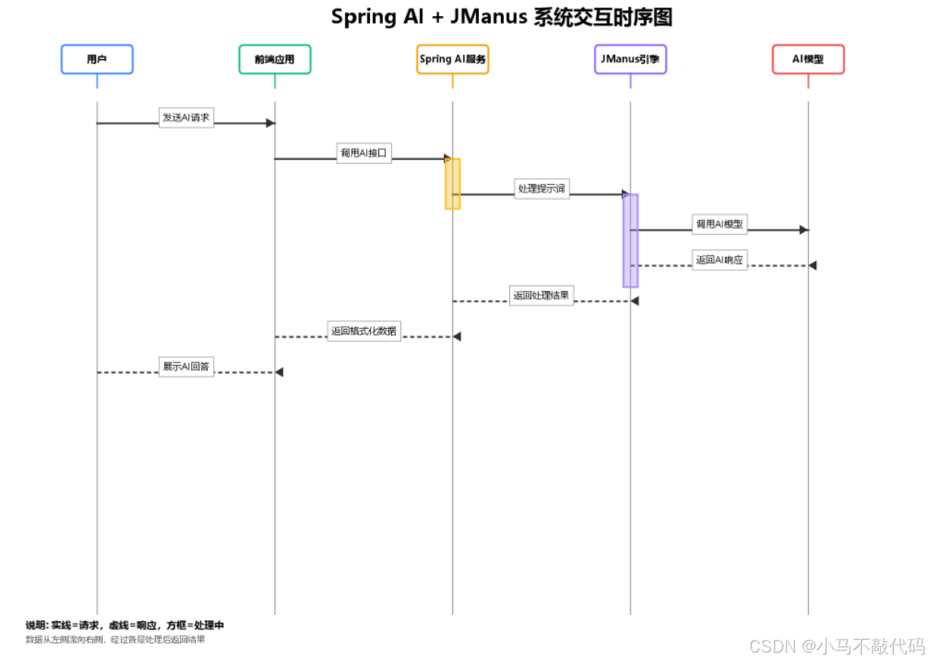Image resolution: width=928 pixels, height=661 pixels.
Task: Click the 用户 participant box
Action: tap(97, 59)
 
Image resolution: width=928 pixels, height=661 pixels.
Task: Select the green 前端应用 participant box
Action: tap(275, 59)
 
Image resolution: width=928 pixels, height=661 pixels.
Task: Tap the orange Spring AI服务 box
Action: tap(452, 59)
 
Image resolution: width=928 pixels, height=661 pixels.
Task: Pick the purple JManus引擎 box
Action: tap(630, 59)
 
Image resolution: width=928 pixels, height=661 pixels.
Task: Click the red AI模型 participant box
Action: tap(808, 59)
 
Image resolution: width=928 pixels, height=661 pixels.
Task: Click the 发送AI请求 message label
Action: tap(187, 118)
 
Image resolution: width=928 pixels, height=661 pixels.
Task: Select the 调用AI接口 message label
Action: tap(364, 153)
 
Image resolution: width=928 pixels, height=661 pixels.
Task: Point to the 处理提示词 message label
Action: tap(542, 189)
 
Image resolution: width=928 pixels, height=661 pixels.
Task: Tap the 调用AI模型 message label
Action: tap(719, 225)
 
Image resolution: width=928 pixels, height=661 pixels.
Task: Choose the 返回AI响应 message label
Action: tap(719, 260)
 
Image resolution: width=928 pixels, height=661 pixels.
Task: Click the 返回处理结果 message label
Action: tap(541, 295)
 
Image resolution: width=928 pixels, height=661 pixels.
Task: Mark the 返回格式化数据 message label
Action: tap(364, 331)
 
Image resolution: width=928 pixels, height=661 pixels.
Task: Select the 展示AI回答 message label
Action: tap(187, 366)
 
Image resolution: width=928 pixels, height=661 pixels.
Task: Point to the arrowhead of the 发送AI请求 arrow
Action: tap(270, 123)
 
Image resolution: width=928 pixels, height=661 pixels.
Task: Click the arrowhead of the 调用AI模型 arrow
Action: tap(804, 230)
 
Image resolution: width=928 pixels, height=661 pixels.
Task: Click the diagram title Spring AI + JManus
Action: tap(502, 18)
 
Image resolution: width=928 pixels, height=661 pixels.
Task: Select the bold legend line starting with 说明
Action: tap(125, 625)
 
